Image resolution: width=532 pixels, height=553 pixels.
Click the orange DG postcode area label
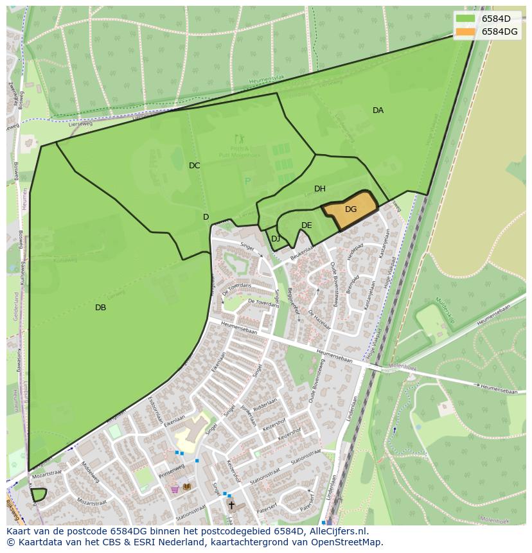(x=350, y=209)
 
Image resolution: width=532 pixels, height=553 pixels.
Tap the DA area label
(x=378, y=110)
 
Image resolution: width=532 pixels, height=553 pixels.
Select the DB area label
(x=100, y=308)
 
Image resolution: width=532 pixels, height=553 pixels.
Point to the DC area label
(x=194, y=166)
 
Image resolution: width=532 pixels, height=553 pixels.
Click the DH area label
(x=319, y=189)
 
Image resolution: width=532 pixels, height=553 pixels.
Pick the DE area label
(x=306, y=225)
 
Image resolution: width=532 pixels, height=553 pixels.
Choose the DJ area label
(x=276, y=239)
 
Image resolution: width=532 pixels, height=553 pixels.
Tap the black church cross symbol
(x=231, y=505)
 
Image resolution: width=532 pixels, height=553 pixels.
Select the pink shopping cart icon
(x=175, y=489)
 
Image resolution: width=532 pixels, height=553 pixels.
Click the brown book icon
(x=187, y=487)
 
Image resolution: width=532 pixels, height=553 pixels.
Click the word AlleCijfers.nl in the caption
(x=337, y=531)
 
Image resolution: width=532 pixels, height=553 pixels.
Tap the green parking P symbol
(x=247, y=182)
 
